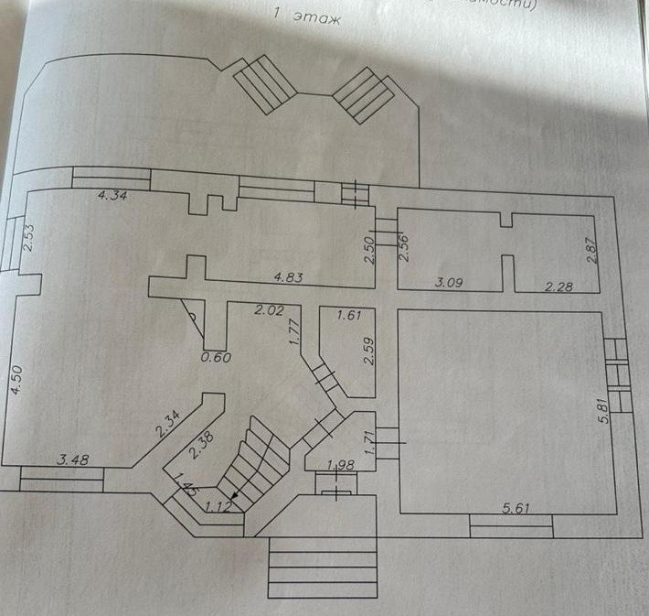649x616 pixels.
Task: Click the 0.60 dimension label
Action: (216, 357)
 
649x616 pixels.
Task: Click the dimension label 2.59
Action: (368, 352)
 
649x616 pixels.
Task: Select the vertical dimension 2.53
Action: (28, 238)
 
